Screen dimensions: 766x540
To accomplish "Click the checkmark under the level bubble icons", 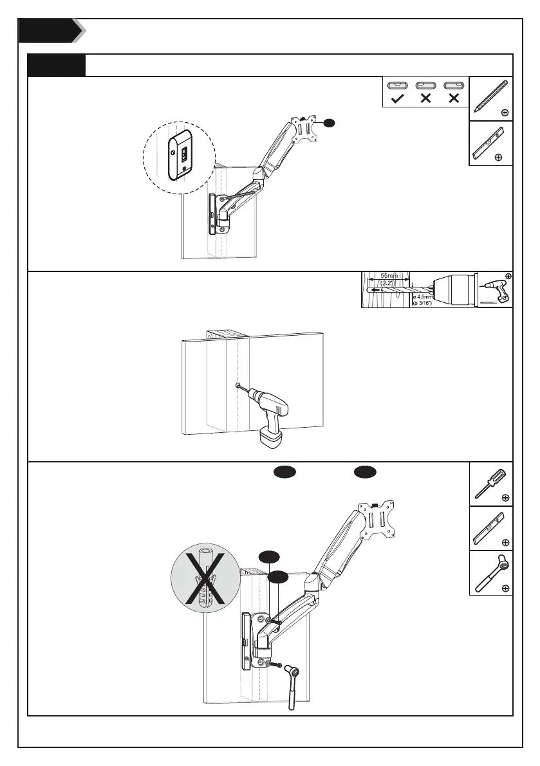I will [397, 99].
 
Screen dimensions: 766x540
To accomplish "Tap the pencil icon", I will [491, 96].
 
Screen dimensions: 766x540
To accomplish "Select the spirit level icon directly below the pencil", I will [491, 143].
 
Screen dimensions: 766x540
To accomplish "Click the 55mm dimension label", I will [389, 276].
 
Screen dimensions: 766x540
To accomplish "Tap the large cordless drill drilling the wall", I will [270, 411].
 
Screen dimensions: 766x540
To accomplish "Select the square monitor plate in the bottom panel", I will [380, 519].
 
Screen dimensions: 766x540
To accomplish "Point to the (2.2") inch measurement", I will [389, 282].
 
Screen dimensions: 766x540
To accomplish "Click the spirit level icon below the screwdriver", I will [491, 528].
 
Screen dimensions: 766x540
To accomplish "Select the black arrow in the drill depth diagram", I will [373, 290].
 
